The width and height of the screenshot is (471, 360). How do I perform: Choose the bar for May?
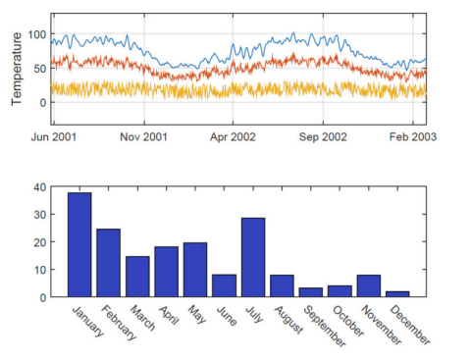point(195,270)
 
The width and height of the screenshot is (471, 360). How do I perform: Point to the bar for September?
point(312,291)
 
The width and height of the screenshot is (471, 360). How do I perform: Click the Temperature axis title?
point(17,69)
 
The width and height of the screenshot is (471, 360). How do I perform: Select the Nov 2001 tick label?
point(143,136)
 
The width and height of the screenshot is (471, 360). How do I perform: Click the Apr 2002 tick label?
point(233,136)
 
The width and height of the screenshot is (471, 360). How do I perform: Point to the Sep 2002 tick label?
point(323,136)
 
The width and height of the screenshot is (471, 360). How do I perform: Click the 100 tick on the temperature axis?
point(36,34)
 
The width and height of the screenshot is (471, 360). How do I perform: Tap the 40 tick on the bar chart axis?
point(39,186)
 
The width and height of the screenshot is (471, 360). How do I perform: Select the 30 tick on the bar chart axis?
point(39,214)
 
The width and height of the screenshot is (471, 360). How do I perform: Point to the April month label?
point(169,315)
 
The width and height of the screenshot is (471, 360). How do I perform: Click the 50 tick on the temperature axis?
point(39,68)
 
